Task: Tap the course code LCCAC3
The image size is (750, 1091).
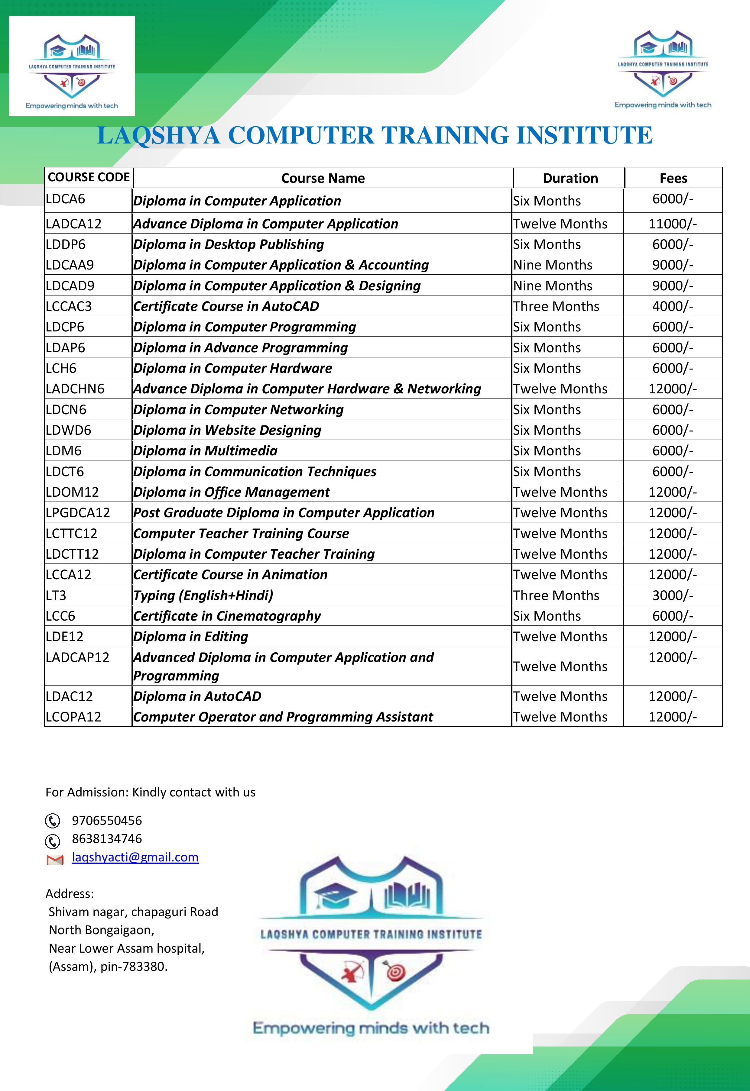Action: coord(69,306)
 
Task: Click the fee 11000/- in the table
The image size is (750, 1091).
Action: coord(673,224)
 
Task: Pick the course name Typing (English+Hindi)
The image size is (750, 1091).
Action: coord(203,596)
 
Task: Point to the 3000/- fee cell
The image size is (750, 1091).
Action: coord(673,596)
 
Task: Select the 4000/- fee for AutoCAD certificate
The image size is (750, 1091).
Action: coord(673,306)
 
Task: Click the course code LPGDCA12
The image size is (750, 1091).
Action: coord(77,512)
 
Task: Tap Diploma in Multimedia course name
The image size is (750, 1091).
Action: coord(205,451)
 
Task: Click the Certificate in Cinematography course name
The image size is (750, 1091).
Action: coord(227,616)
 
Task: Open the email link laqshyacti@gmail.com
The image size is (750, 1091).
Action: coord(135,857)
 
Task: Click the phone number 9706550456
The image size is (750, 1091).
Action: coord(107,821)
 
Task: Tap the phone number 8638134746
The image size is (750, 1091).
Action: coord(107,839)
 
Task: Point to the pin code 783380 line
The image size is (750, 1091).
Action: coord(108,967)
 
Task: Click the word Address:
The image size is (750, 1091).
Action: coord(70,894)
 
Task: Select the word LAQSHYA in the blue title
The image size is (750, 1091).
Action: coord(158,135)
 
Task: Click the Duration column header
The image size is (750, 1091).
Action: coord(570,179)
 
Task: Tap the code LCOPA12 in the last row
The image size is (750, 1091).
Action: coord(73,717)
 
